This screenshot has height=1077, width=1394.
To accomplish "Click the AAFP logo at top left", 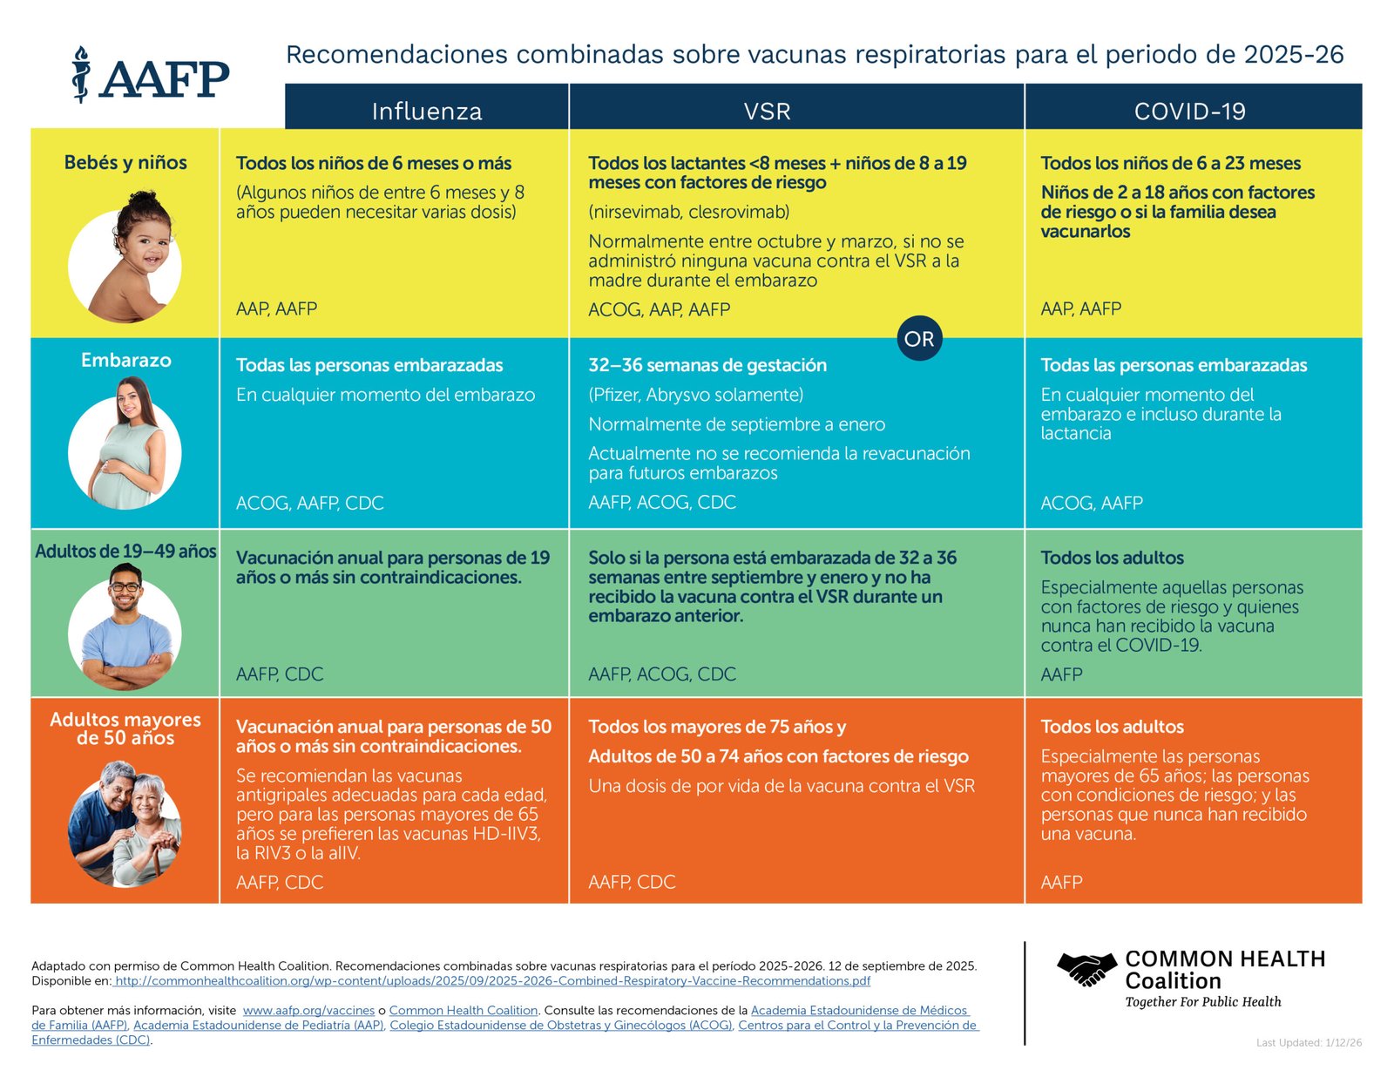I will click(151, 76).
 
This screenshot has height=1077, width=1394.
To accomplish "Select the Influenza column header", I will click(427, 111).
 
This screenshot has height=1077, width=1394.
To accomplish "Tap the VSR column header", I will click(767, 111).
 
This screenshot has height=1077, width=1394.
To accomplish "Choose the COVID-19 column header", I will click(1189, 111).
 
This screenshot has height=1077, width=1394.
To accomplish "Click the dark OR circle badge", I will click(919, 338).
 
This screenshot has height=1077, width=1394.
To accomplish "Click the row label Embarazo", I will click(125, 360).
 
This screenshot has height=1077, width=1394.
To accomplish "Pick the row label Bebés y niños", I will click(125, 162).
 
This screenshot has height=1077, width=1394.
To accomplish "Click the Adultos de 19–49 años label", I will click(125, 551).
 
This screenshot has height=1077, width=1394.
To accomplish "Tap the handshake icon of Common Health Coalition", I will click(1086, 969).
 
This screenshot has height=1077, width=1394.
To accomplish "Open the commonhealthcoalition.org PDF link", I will click(492, 980).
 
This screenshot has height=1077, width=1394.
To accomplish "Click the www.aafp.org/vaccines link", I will click(308, 1010).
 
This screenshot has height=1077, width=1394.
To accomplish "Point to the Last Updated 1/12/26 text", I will click(1309, 1042).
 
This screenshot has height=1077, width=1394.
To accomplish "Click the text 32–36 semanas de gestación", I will click(707, 365).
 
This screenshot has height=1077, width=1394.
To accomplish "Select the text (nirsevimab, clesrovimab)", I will click(688, 212).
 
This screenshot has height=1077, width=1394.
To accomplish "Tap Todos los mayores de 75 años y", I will click(716, 727).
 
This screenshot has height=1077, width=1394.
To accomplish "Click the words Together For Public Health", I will click(1202, 1002).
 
